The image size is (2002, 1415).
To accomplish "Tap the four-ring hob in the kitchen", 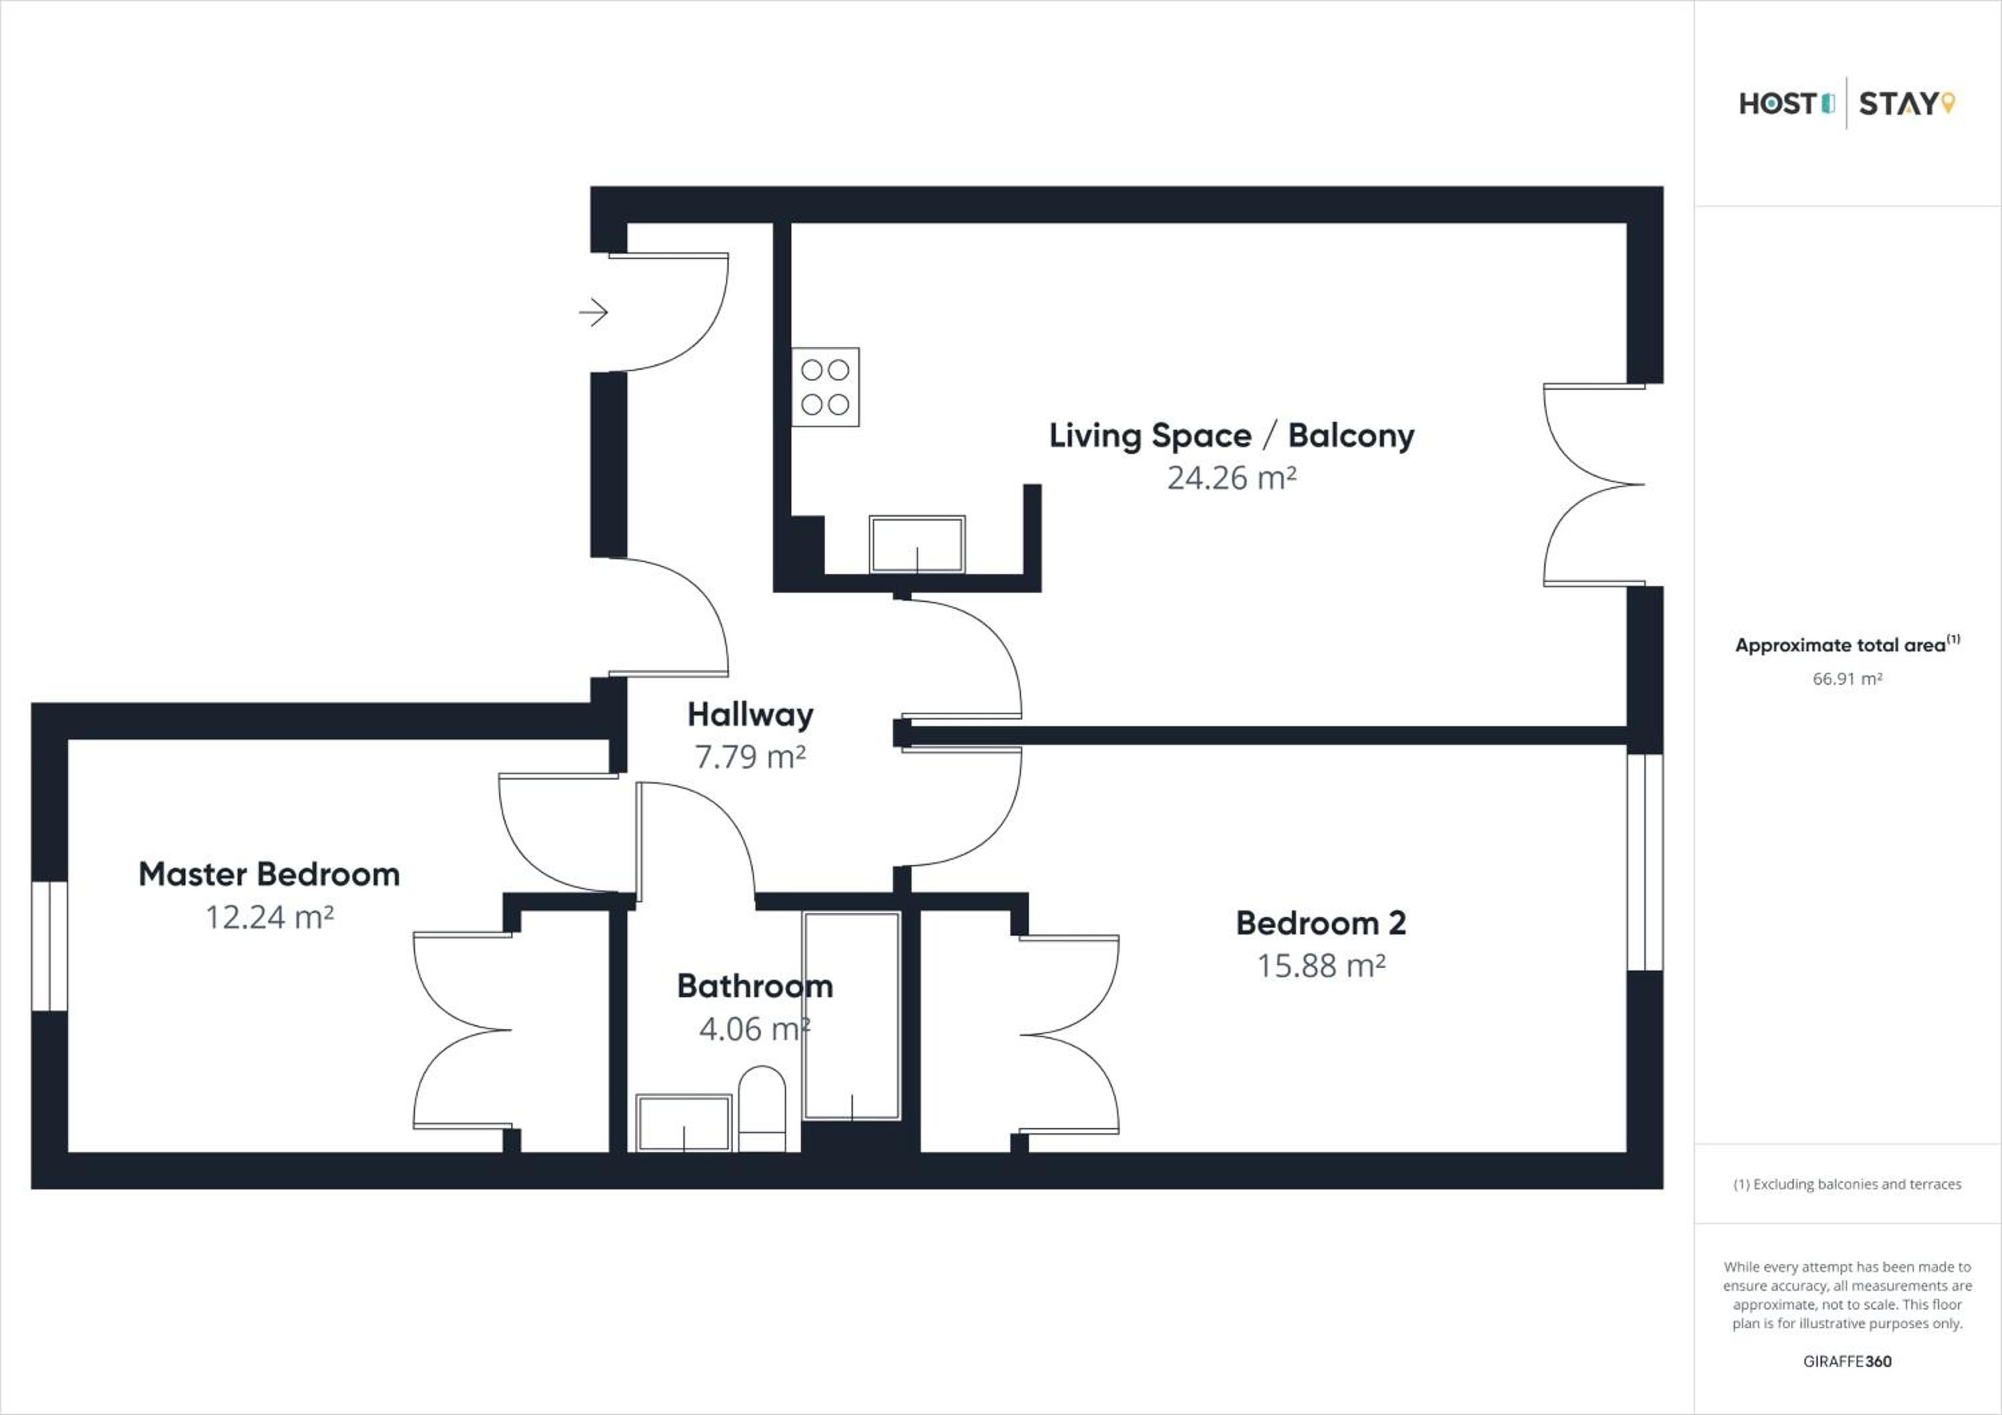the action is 825,387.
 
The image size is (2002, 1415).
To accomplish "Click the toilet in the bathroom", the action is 762,1109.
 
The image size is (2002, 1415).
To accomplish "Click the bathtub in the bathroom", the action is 851,1016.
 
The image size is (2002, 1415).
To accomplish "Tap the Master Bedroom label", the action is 270,874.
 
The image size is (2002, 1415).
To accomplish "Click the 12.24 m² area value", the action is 270,917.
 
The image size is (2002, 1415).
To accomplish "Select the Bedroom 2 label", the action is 1321,923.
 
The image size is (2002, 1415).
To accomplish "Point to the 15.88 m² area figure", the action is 1321,966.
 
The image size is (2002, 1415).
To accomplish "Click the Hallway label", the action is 751,715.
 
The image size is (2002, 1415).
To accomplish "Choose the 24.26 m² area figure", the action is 1231,478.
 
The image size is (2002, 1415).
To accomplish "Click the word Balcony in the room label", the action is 1351,436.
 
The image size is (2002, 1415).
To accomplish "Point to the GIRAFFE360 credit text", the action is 1847,1361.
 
